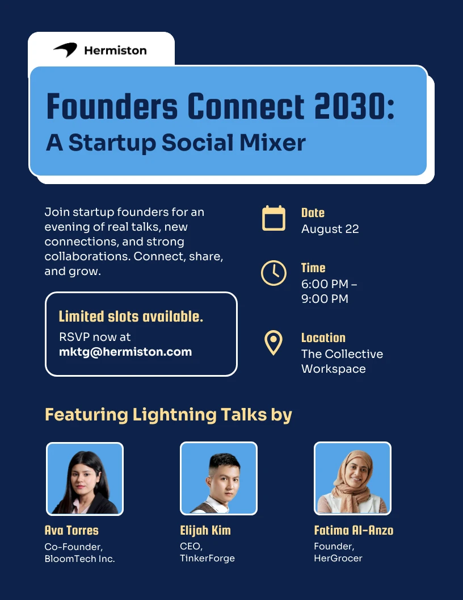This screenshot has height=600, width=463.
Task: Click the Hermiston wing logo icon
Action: (65, 50)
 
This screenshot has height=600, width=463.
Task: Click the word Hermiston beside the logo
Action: (115, 51)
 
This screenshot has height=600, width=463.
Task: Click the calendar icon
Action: (273, 218)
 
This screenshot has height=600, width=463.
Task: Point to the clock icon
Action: (273, 273)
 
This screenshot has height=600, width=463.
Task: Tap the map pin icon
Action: (273, 343)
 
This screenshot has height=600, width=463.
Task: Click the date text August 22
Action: (330, 229)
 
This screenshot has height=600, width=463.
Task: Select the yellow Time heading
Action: (313, 268)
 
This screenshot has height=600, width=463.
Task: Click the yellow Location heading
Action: (323, 338)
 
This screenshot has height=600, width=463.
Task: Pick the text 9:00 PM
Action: (325, 299)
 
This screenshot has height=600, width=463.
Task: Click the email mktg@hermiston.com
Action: (125, 352)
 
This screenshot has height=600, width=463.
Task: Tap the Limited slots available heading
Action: (131, 316)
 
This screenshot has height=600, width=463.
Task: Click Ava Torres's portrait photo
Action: (85, 478)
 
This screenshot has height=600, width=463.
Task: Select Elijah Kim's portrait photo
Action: (218, 478)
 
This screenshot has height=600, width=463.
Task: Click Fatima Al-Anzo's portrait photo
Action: (352, 478)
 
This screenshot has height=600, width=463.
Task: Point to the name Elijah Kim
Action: (205, 531)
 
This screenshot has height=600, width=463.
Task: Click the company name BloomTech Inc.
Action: (79, 559)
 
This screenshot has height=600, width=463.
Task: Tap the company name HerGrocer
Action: (338, 558)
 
